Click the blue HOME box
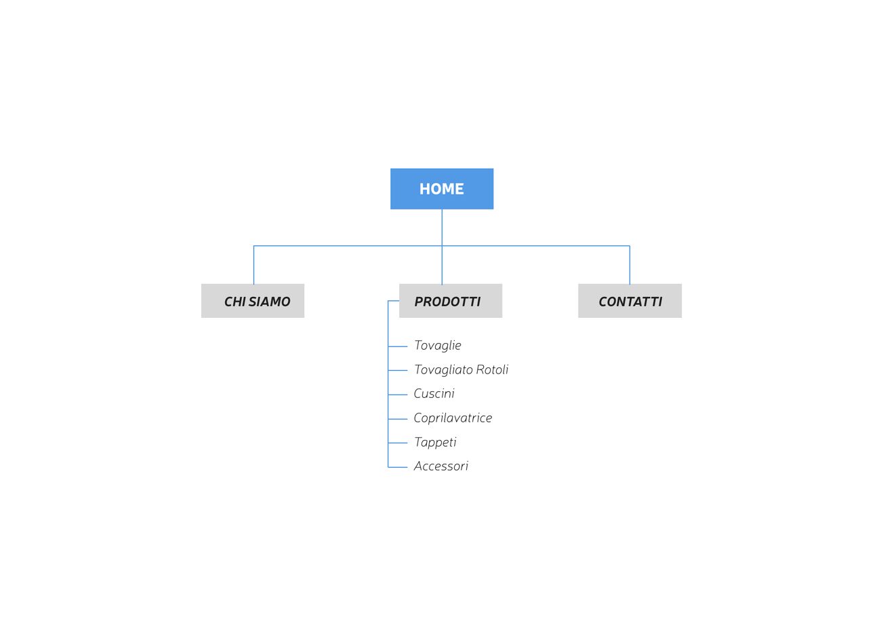pos(442,189)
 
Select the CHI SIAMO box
pos(253,301)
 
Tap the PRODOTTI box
pos(451,301)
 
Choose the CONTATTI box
pos(630,301)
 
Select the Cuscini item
pos(434,394)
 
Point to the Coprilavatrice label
pos(453,418)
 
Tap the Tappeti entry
pos(435,443)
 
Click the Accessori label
pos(441,466)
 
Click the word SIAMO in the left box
pos(270,302)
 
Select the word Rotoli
pos(492,370)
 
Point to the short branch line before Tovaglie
pos(397,346)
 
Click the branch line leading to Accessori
pos(397,467)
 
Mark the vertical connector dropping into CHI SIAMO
pos(253,265)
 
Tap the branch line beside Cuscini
pos(397,395)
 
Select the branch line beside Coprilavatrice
pos(397,419)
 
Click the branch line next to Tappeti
pos(397,443)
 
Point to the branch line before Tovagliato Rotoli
pos(397,371)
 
